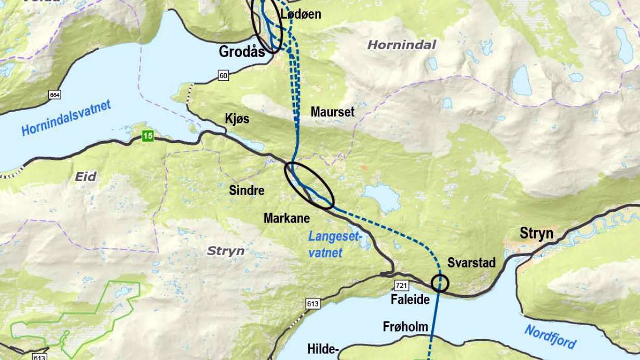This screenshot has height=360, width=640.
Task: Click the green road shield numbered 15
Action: click(x=148, y=136)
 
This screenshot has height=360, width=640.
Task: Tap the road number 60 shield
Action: click(x=223, y=76)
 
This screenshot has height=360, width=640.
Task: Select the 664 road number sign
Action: click(x=55, y=94)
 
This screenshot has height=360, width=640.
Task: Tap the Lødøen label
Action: click(x=301, y=15)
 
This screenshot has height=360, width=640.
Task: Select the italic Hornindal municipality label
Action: click(x=401, y=45)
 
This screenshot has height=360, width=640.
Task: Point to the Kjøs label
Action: click(x=237, y=119)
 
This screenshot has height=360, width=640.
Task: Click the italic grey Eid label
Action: click(x=86, y=177)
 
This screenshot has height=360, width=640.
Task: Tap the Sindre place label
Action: click(x=247, y=190)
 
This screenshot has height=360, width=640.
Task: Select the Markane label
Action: click(x=287, y=218)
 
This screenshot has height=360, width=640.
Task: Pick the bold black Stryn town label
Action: click(x=537, y=234)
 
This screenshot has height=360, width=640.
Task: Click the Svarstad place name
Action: click(x=472, y=262)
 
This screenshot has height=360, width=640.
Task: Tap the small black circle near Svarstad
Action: click(x=440, y=283)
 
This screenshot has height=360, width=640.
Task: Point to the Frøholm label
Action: click(x=405, y=327)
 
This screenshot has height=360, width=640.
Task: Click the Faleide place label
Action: click(x=410, y=300)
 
